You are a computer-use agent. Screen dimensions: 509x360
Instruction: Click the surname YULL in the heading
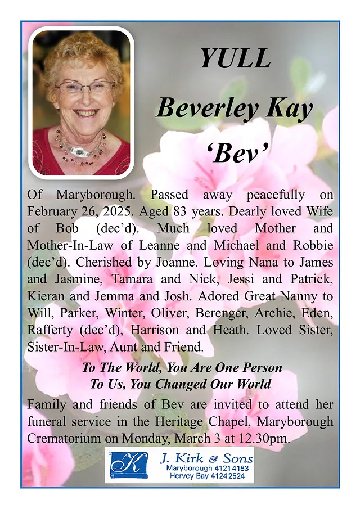[235, 59]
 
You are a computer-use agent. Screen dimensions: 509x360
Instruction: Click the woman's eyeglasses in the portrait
[84, 87]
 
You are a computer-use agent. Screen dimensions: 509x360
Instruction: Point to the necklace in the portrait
[81, 147]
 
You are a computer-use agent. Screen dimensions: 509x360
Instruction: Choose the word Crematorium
[62, 438]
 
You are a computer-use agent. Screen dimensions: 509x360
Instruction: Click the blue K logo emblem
[129, 465]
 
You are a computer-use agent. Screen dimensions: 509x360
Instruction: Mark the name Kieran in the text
[46, 296]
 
